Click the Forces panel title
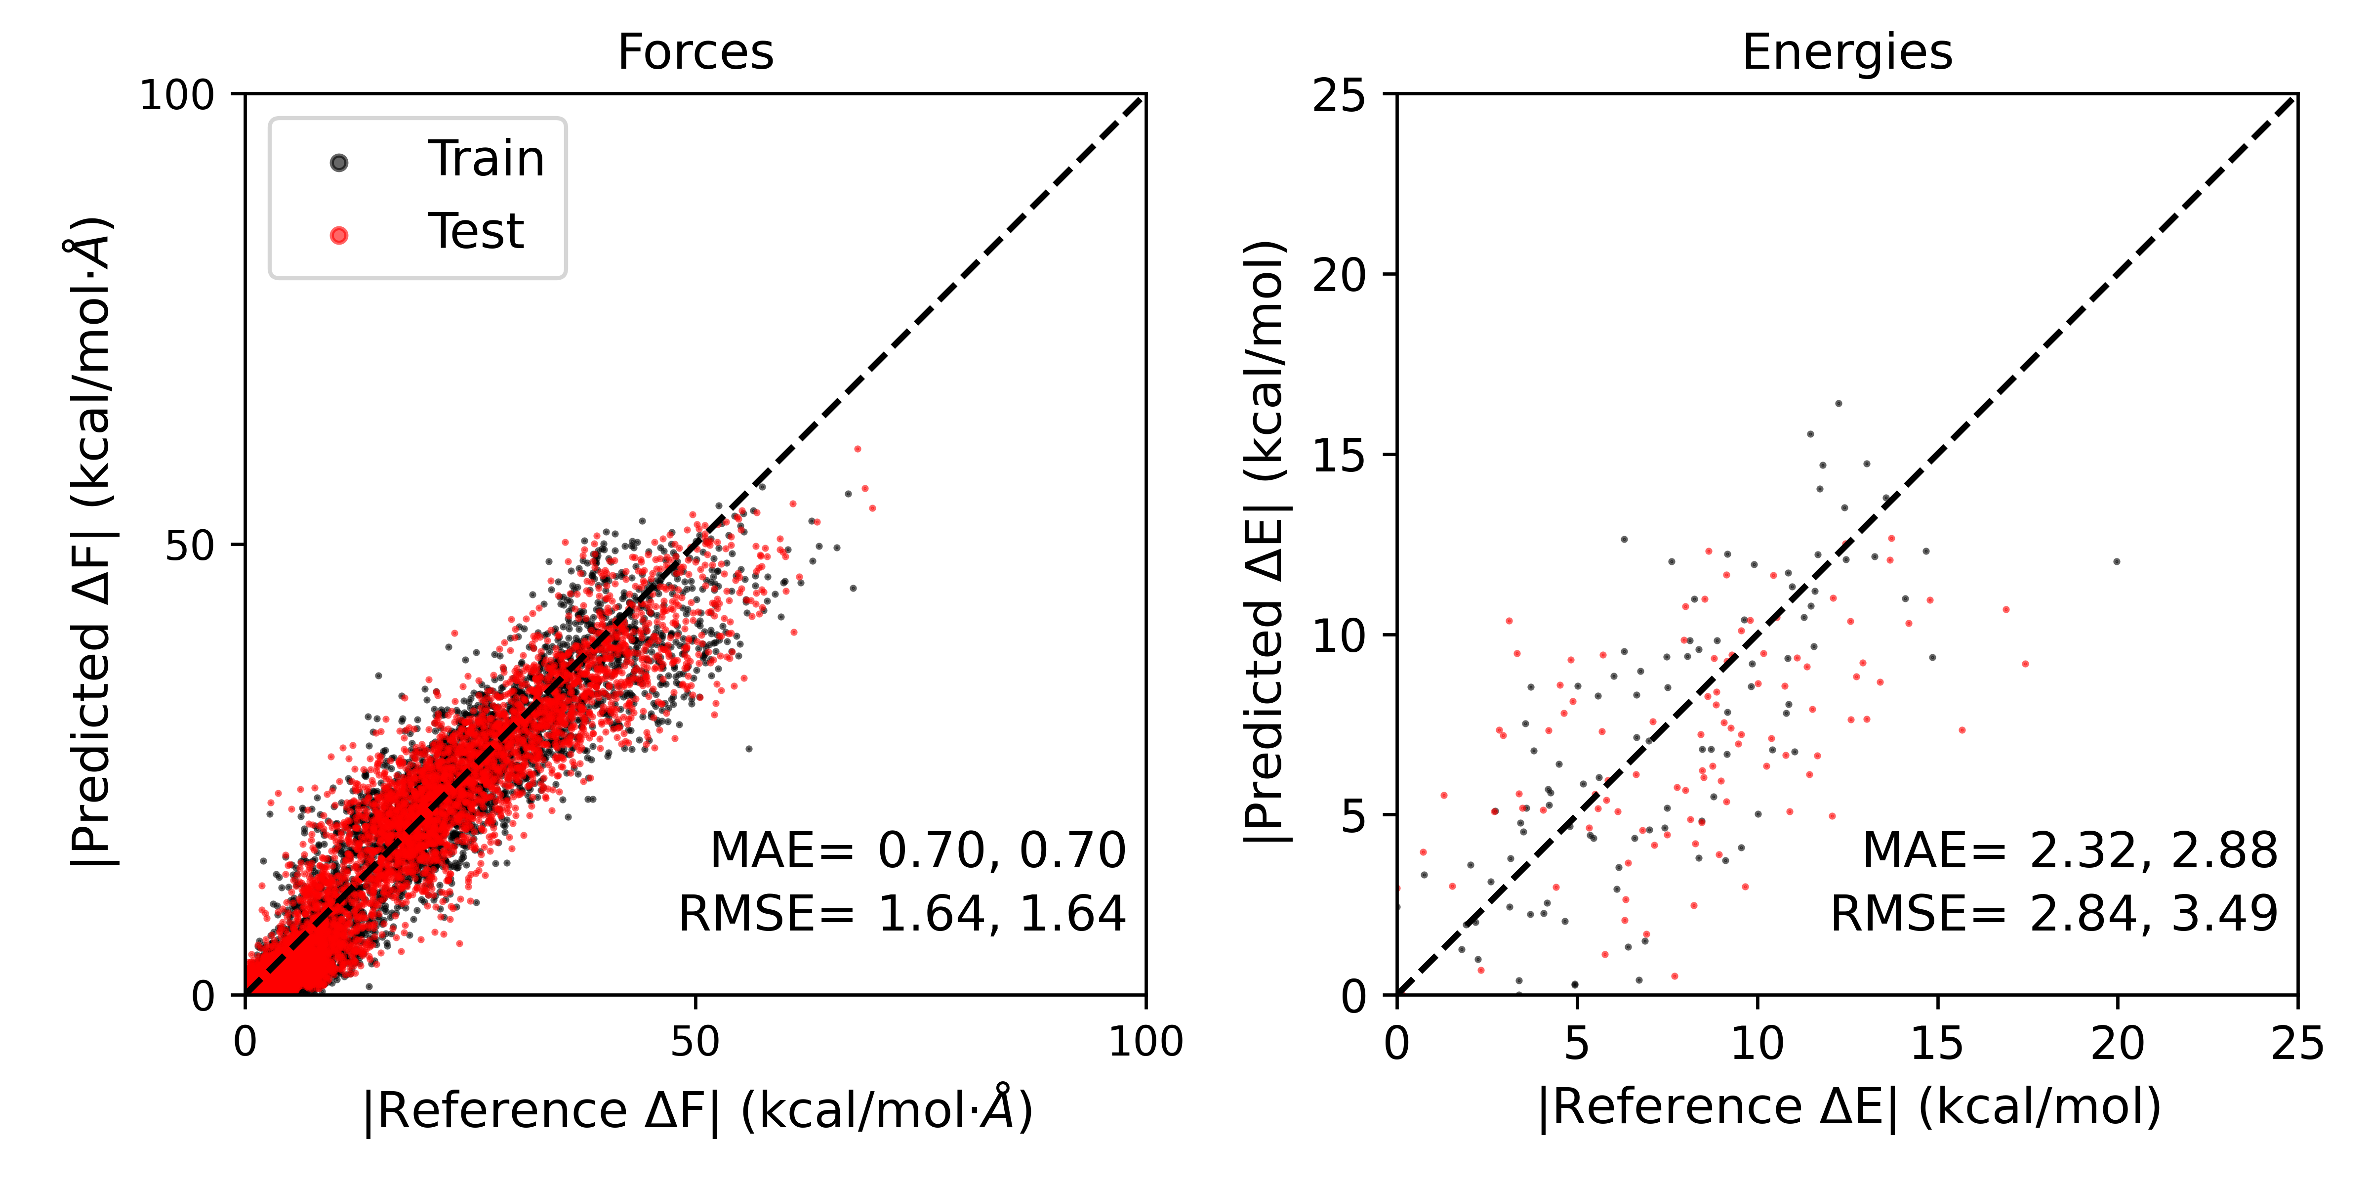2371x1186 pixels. (695, 52)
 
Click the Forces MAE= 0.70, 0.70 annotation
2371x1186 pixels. (918, 850)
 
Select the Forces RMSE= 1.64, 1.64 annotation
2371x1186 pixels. (902, 914)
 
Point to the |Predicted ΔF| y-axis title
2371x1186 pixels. (92, 543)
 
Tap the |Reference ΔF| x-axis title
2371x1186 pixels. (697, 1109)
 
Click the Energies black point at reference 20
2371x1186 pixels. (2117, 561)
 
